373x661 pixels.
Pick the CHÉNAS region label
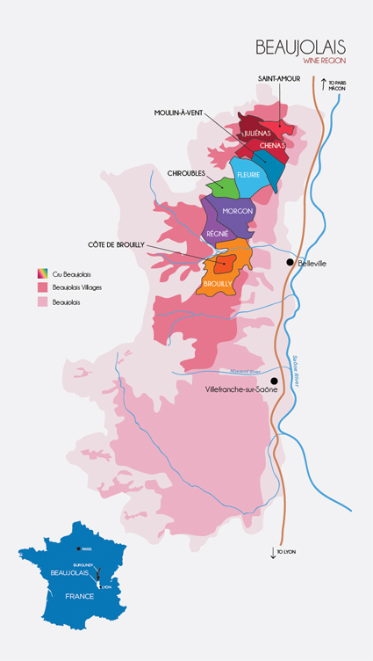pyautogui.click(x=274, y=146)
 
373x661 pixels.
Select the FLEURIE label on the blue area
pyautogui.click(x=247, y=174)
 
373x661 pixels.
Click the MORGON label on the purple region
pyautogui.click(x=238, y=211)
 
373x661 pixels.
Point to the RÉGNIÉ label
pyautogui.click(x=219, y=233)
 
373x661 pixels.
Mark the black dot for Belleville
pyautogui.click(x=289, y=263)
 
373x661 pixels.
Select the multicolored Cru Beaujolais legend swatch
pyautogui.click(x=41, y=272)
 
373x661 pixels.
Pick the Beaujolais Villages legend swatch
pyautogui.click(x=41, y=287)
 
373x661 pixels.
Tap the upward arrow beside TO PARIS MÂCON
pyautogui.click(x=323, y=85)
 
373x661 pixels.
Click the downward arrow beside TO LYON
pyautogui.click(x=272, y=552)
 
